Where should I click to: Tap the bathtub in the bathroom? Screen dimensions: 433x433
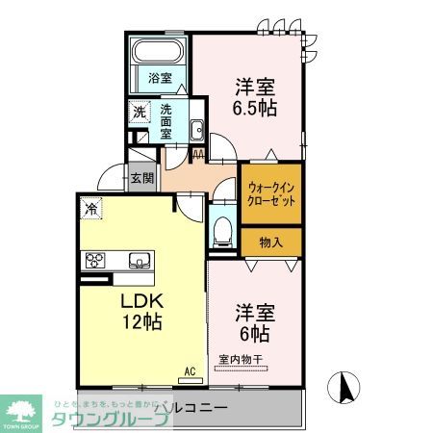[159, 49]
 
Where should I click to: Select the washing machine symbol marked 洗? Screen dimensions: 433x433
[140, 113]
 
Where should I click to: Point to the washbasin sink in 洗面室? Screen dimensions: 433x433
[196, 130]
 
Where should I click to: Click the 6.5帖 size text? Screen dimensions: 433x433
[254, 107]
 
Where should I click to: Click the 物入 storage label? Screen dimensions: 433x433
[270, 242]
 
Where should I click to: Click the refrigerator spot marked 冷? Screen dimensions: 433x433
[90, 207]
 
